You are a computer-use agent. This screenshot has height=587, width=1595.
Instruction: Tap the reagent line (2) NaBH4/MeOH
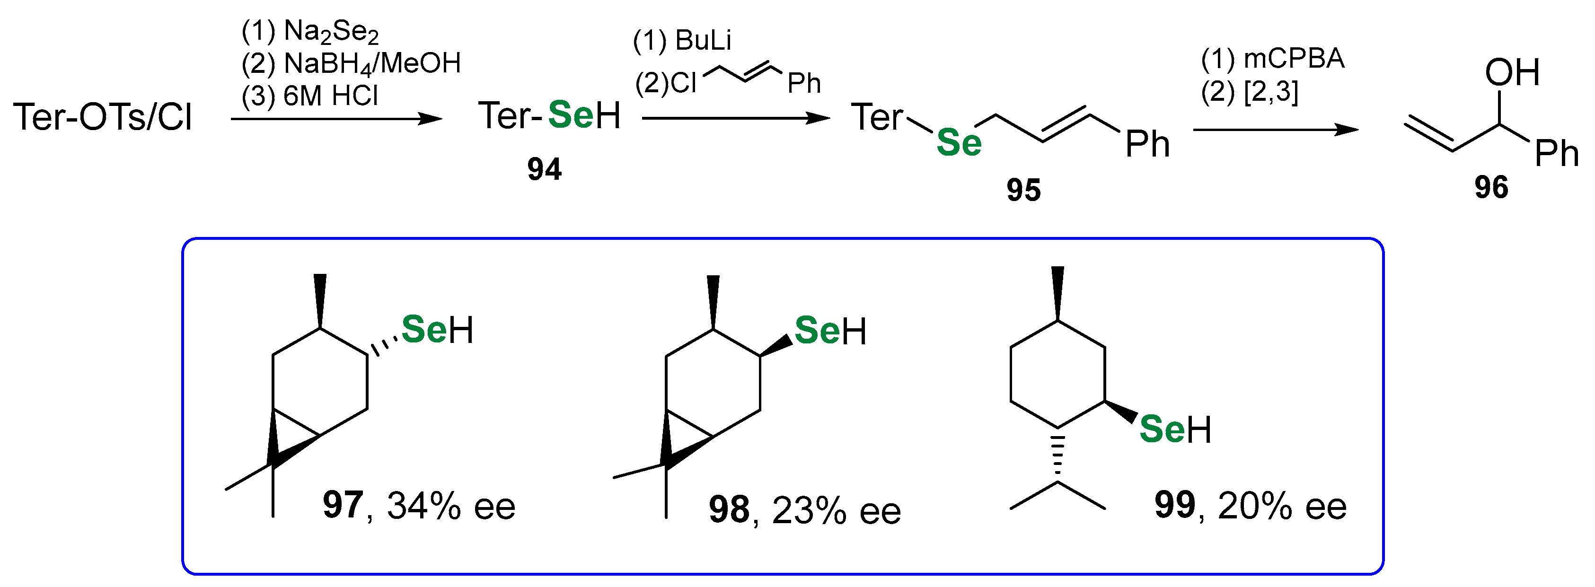tap(351, 64)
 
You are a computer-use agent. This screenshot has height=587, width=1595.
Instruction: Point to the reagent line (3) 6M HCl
tap(309, 96)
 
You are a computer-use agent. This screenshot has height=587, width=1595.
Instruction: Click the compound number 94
tap(544, 169)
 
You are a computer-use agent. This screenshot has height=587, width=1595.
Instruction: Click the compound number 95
tap(1023, 190)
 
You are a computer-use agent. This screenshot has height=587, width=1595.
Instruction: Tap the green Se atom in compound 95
tap(959, 142)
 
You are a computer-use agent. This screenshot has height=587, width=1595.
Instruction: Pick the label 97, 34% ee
tap(419, 506)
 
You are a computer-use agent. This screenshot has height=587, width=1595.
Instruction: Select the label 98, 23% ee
tap(804, 511)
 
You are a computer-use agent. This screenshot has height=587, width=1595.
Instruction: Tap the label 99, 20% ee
tap(1250, 506)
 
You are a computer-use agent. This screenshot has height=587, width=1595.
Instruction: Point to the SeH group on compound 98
tap(830, 331)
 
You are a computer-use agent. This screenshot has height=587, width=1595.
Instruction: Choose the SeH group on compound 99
tap(1174, 429)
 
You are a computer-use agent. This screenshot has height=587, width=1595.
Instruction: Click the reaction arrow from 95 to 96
tap(1276, 130)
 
